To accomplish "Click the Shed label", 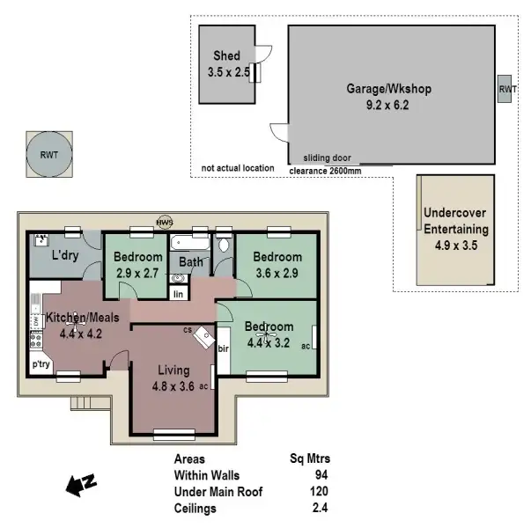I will point(226,57).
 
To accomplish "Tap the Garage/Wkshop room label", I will point(388,89).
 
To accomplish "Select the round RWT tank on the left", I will point(49,154).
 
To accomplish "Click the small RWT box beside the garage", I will point(508,90).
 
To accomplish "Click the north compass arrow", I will point(81,482).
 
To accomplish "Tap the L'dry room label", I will point(66,255).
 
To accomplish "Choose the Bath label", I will point(191,261).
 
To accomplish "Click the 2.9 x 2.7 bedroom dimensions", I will point(136,274).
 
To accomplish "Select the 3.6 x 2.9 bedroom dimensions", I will point(277,274).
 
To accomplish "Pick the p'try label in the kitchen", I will point(41,363).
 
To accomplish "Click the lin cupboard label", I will point(179,293).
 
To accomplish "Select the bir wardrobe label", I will point(224,348).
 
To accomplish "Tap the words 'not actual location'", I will point(237,168).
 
